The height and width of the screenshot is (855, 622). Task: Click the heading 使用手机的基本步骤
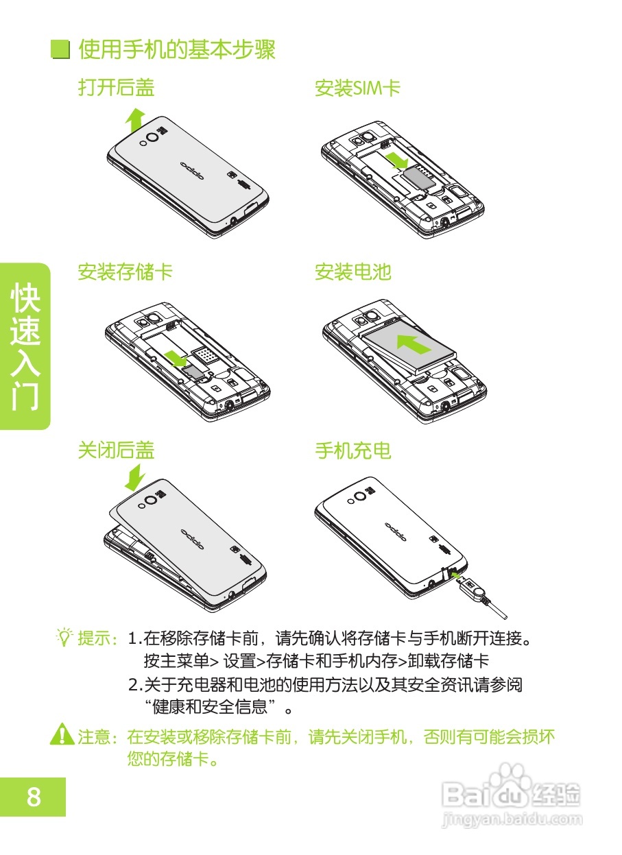(177, 50)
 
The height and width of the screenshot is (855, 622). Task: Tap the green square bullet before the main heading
(61, 51)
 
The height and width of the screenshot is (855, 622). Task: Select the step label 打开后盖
(116, 88)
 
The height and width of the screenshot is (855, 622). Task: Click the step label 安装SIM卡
(357, 88)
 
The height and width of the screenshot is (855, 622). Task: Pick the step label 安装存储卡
(125, 272)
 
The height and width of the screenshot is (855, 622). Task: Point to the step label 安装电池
(352, 272)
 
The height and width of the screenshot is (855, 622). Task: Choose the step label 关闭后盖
(116, 450)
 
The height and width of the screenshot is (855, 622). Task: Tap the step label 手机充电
(352, 450)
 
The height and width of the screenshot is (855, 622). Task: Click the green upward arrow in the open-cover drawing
(135, 121)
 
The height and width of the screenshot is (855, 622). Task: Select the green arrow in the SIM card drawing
(398, 162)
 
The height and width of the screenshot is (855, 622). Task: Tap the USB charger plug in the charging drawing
(473, 587)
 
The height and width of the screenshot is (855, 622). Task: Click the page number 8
(33, 797)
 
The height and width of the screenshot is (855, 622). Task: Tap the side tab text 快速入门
(25, 346)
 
